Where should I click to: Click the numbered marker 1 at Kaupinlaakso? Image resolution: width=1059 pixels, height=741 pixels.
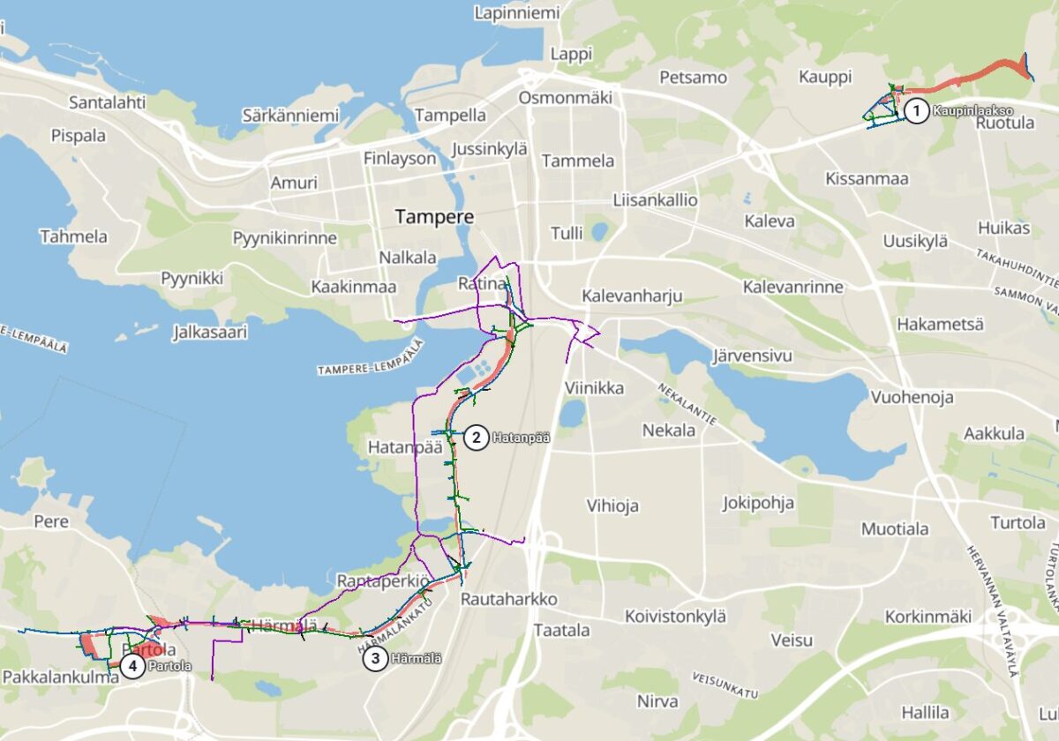916,110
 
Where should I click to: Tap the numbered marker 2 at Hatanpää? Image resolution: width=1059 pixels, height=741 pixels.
476,437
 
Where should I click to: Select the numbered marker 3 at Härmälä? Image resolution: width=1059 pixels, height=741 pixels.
375,658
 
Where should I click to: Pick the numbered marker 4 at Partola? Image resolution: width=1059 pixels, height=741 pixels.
132,666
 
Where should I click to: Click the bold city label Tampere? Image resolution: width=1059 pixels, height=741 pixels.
434,216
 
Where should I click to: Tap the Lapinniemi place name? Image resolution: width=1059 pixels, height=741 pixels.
517,13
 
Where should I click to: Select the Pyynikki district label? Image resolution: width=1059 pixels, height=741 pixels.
192,278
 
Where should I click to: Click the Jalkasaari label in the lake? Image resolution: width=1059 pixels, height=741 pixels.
210,333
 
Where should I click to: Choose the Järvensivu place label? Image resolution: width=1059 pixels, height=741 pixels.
753,356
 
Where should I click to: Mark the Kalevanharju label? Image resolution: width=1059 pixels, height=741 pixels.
632,296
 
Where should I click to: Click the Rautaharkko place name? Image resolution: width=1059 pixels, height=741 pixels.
509,599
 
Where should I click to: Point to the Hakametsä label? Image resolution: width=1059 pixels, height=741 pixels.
940,324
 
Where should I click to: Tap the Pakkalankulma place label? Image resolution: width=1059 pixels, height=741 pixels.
61,677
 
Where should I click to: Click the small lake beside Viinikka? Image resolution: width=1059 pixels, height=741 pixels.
572,413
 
